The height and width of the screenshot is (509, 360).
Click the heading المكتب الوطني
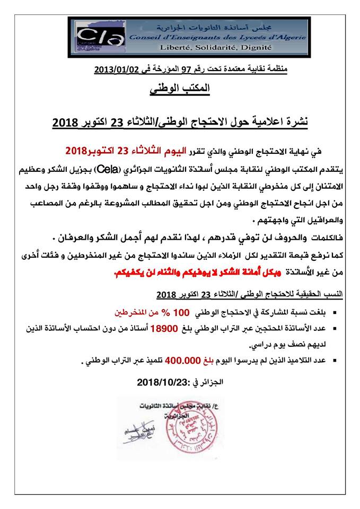[x=180, y=90]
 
